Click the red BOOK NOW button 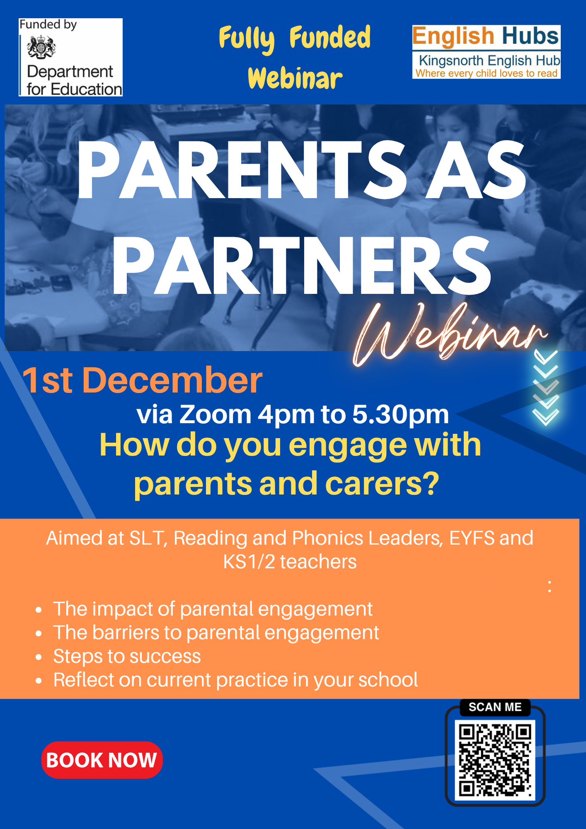102,760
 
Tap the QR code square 495,760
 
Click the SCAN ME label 495,707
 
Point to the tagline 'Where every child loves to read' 487,73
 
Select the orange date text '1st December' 143,380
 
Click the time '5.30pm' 400,414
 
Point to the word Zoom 215,414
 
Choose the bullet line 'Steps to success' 127,656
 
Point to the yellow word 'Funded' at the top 330,38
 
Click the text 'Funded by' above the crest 48,25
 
